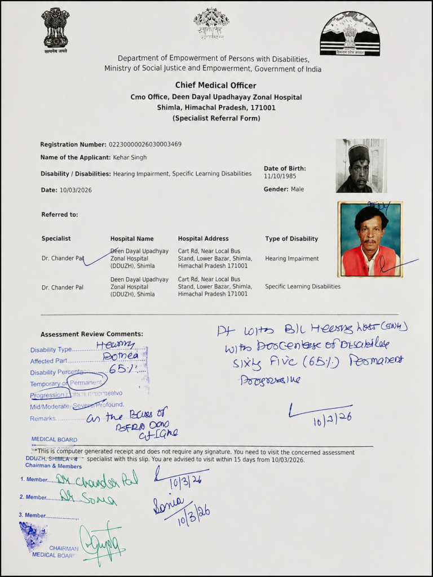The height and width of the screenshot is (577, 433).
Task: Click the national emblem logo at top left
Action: click(55, 28)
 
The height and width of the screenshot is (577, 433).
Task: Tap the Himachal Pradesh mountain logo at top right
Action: click(350, 33)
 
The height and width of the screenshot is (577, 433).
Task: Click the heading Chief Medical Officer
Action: click(215, 86)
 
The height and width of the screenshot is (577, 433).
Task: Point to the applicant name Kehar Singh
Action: click(130, 157)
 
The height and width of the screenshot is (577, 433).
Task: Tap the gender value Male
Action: click(297, 189)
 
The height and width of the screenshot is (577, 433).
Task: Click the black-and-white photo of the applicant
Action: click(360, 166)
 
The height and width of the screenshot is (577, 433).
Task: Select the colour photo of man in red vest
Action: click(370, 239)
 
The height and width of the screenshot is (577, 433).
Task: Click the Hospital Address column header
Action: click(203, 239)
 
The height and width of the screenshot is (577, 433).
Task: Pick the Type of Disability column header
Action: click(291, 239)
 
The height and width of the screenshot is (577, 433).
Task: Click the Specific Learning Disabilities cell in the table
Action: click(303, 287)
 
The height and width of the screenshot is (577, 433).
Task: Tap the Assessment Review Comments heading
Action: click(92, 334)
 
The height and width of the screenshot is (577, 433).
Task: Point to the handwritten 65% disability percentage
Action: click(121, 369)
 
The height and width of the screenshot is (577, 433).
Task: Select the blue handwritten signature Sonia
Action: click(168, 503)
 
